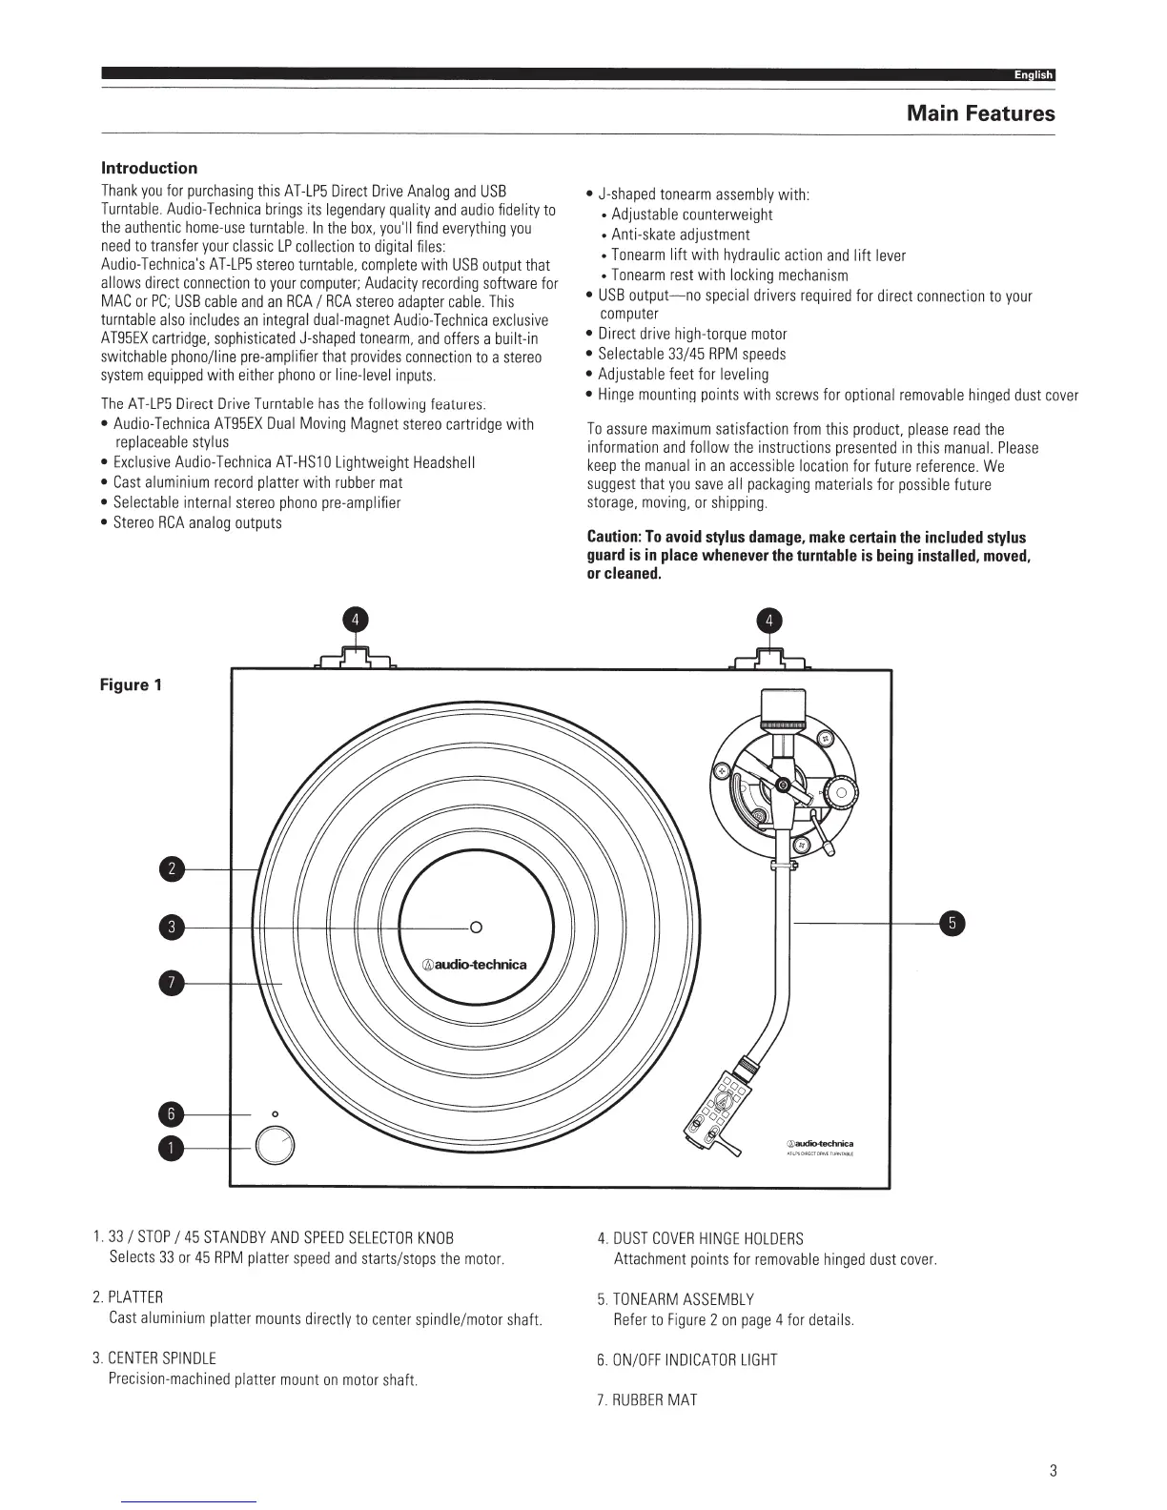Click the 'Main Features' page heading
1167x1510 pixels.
point(980,114)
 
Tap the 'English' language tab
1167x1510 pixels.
point(1034,75)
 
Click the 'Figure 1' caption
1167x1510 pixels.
point(132,684)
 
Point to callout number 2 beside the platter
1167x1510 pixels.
point(172,868)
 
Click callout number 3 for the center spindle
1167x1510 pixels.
point(172,926)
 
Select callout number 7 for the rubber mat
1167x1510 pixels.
point(172,983)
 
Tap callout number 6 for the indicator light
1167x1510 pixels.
point(172,1113)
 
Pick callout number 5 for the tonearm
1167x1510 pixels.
point(952,923)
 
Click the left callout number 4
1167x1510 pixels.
point(355,620)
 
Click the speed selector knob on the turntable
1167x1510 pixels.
point(276,1145)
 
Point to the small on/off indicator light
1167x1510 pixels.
point(275,1113)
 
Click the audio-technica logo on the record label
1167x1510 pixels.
point(474,964)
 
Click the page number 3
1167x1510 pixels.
point(1052,1470)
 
